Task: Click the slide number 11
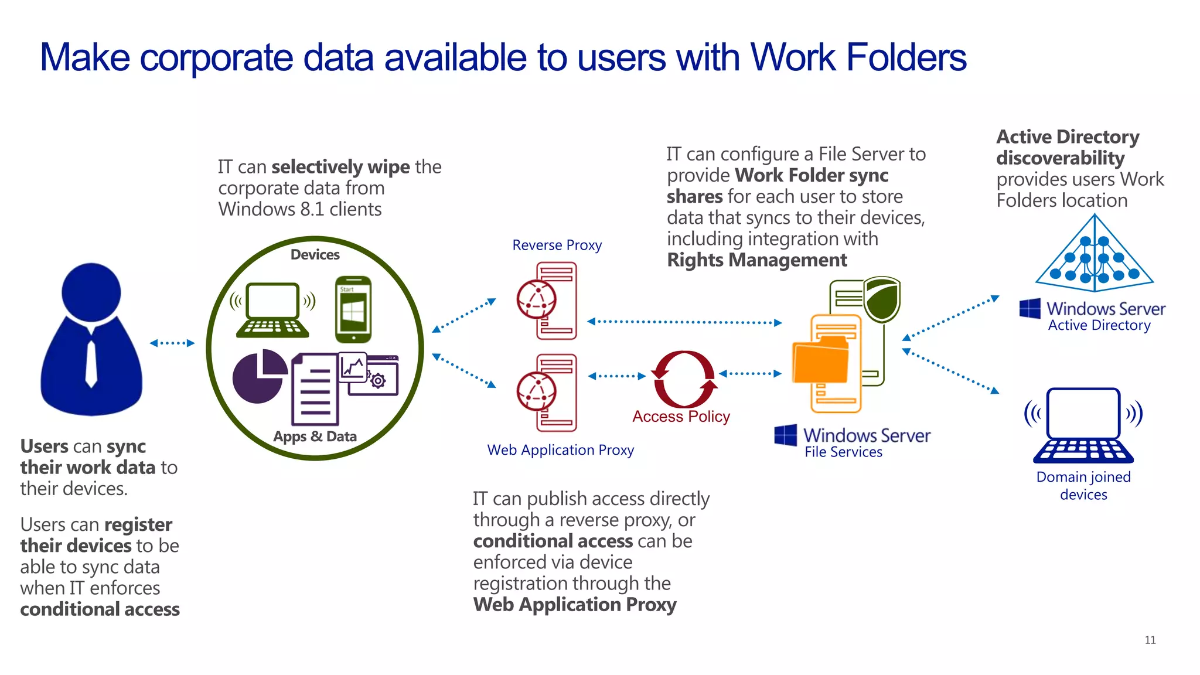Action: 1150,640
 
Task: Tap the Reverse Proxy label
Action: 557,245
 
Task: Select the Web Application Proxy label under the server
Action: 560,450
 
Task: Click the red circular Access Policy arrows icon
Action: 683,380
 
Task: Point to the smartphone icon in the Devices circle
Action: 353,309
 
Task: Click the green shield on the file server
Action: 882,299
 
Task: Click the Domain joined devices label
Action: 1083,485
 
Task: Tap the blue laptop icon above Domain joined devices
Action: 1083,425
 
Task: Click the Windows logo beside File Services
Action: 785,435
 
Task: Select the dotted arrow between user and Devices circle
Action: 172,343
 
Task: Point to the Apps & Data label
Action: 315,437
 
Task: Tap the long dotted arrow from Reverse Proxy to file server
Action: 684,322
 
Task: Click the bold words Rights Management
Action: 756,260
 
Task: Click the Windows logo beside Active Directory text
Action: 1029,308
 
